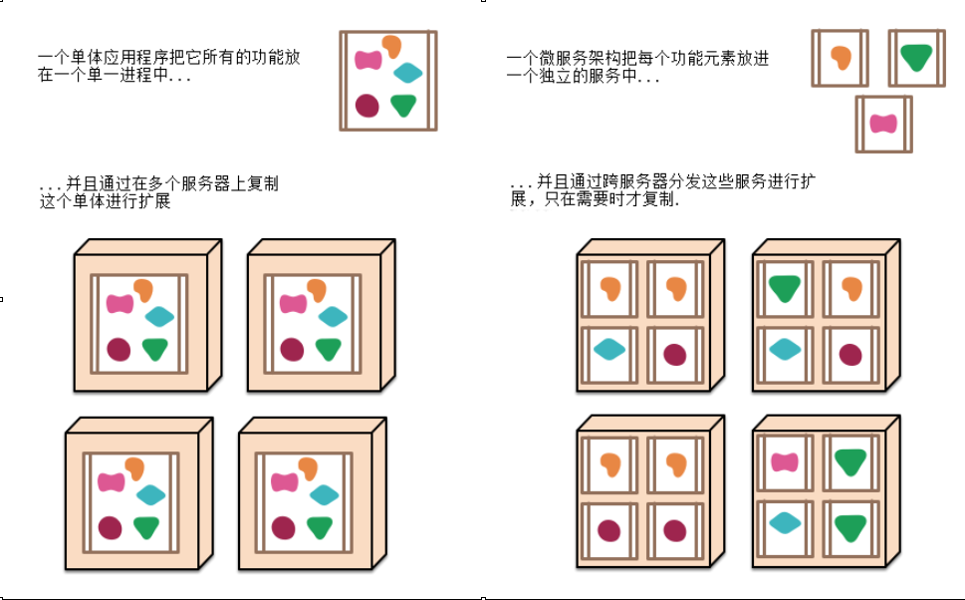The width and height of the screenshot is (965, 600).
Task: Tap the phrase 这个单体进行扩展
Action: click(105, 201)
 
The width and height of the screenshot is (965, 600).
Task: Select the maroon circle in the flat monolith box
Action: click(366, 105)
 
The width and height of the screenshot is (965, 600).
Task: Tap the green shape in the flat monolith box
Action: click(402, 105)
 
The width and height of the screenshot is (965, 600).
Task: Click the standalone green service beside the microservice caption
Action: click(916, 58)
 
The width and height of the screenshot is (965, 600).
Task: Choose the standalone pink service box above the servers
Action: click(883, 124)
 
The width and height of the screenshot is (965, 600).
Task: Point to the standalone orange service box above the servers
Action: click(840, 58)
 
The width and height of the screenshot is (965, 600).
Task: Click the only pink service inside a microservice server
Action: click(785, 462)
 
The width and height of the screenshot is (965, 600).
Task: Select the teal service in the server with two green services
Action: click(785, 522)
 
